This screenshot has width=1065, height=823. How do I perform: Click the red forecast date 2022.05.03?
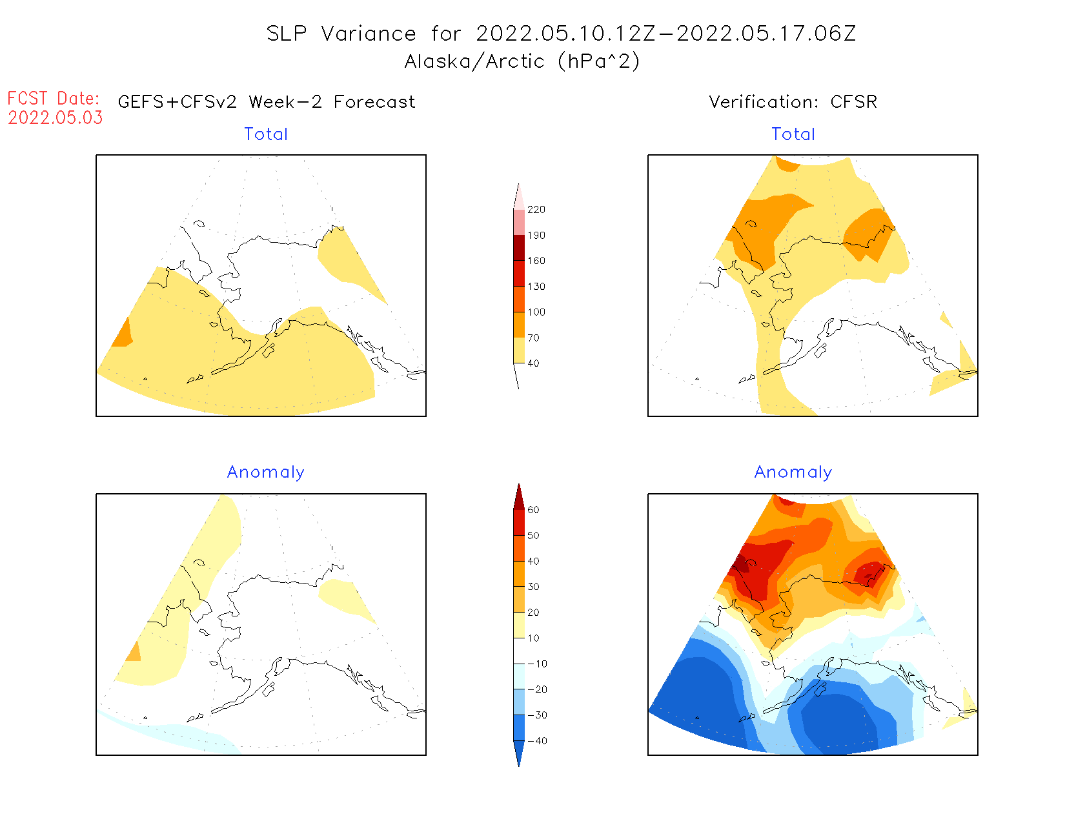pos(56,118)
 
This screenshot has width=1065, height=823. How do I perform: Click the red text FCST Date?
pos(54,99)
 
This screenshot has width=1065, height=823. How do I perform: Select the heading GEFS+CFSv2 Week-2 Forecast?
pos(267,102)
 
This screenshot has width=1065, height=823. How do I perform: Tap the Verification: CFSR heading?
pos(793,102)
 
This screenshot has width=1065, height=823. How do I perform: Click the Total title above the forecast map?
pos(266,134)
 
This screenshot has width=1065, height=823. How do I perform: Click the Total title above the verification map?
pos(793,134)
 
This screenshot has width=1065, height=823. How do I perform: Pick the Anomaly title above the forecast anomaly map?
pos(265,472)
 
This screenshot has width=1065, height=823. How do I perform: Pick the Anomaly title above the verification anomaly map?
pos(793,472)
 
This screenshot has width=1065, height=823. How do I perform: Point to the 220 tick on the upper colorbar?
pos(536,210)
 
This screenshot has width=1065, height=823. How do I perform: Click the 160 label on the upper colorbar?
pos(536,261)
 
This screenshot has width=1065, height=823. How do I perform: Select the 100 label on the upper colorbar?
pos(536,312)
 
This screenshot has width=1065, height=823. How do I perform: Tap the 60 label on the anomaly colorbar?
pos(533,510)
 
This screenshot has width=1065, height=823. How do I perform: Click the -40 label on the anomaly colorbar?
pos(537,741)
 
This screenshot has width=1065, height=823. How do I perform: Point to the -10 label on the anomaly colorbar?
pos(537,664)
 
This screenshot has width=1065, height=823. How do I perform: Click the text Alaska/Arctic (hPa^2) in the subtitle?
pos(522,61)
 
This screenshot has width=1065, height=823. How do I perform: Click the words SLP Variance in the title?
pos(341,34)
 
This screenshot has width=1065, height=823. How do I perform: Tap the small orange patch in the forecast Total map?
pos(123,334)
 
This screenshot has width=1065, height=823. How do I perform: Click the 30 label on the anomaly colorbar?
pos(533,587)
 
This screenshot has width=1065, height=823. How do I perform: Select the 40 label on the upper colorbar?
pos(533,363)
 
